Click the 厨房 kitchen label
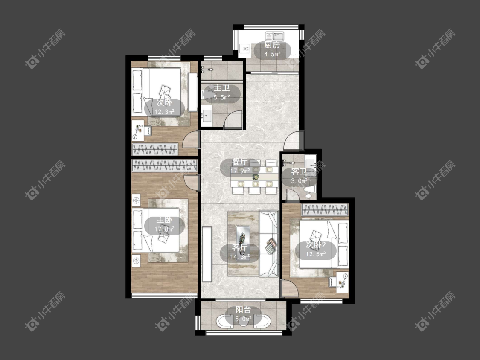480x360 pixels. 272,45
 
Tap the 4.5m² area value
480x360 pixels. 273,55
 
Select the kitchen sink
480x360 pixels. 275,36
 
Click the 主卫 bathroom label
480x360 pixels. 221,88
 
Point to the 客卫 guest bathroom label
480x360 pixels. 299,171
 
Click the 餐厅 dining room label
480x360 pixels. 240,162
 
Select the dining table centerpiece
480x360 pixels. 255,177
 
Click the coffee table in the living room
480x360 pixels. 243,244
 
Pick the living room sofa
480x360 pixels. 269,244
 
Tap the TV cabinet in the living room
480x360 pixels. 207,254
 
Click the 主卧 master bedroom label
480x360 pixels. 164,220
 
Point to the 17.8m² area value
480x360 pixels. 164,229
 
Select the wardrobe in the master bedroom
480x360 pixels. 164,165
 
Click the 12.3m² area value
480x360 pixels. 164,112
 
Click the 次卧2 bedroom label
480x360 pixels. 316,245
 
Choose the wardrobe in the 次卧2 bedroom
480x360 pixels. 325,210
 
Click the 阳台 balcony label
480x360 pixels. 243,310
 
